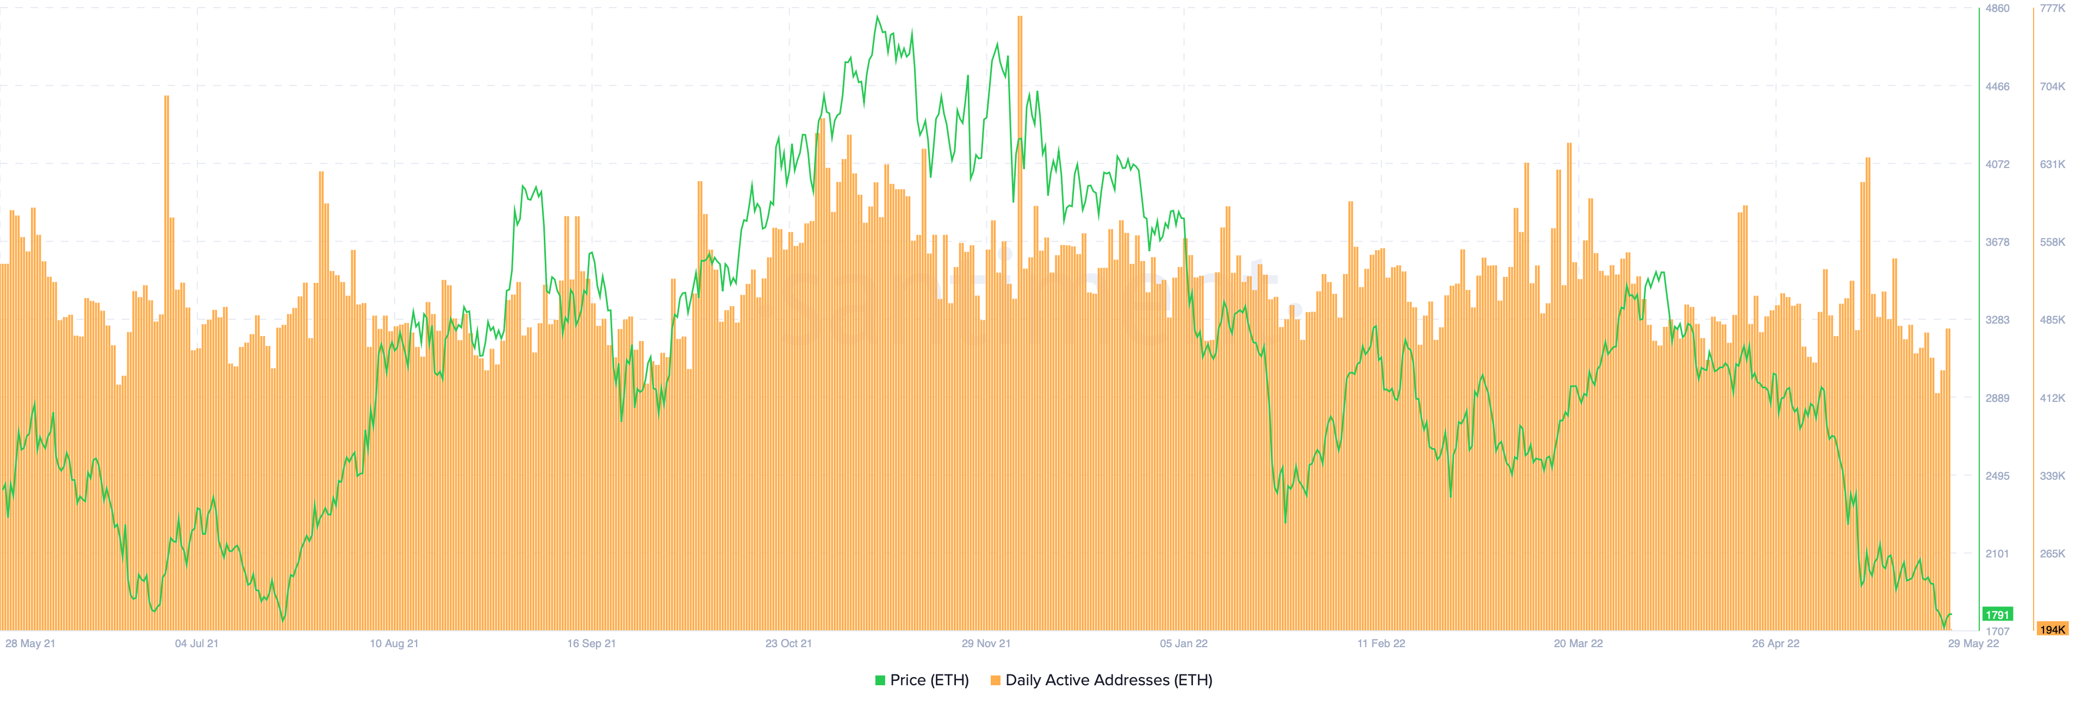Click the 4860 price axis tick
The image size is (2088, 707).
click(1997, 8)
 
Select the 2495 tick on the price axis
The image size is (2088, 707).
click(1997, 476)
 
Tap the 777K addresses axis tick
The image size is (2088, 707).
click(2052, 8)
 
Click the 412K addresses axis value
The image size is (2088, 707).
click(2052, 398)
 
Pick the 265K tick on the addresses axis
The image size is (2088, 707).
click(2052, 554)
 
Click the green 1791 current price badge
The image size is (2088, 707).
click(1997, 615)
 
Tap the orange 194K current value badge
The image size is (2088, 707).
click(2052, 629)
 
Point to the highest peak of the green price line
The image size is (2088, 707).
click(877, 17)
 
